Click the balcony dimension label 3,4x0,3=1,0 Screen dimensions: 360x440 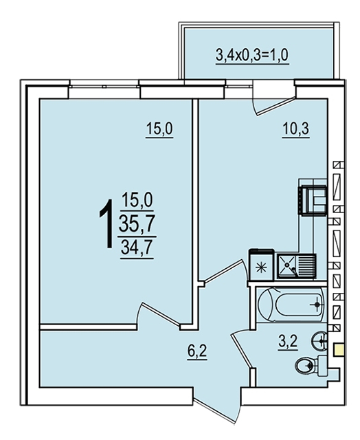coord(252,55)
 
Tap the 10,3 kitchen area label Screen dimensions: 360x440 coord(296,129)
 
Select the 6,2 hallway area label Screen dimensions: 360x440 coord(197,351)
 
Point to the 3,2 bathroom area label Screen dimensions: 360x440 coord(288,342)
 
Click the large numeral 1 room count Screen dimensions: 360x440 coord(106,224)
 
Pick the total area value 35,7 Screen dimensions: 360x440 coord(137,223)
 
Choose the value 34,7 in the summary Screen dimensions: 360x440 coord(137,247)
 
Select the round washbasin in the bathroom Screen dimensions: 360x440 coord(319,341)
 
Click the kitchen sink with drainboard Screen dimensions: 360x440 coord(297,266)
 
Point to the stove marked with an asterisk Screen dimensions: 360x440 coord(261,265)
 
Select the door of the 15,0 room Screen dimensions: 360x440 coord(159,314)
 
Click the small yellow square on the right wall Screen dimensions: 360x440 coord(339,350)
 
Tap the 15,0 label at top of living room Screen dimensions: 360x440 coord(159,130)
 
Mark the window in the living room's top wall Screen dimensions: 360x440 coord(104,84)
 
